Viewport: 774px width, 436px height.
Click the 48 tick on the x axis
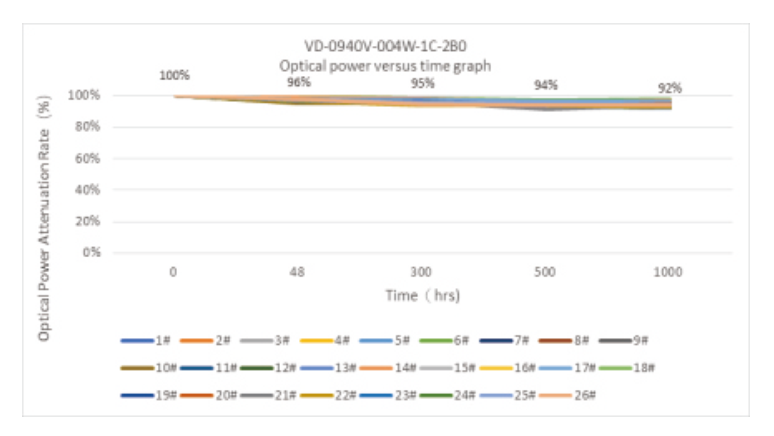298,271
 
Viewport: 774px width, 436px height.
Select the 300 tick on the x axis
422,271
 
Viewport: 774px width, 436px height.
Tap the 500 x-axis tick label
546,271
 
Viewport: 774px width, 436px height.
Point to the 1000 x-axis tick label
670,271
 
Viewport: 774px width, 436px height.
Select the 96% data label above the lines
299,82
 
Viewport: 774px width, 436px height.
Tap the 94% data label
546,85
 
